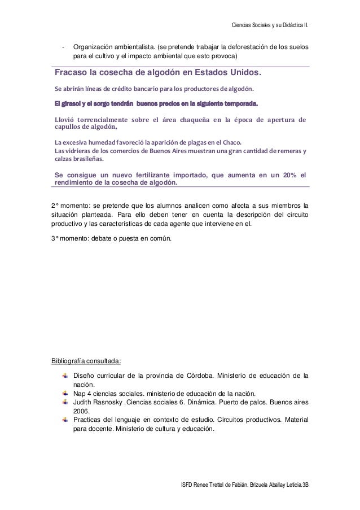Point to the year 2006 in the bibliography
click(x=82, y=412)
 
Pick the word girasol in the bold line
click(x=73, y=104)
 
